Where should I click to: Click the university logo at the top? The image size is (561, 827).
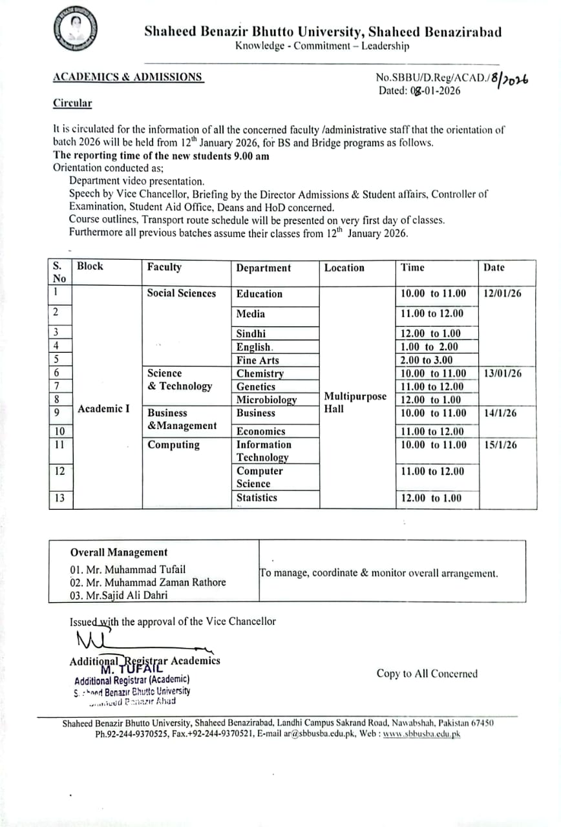[x=76, y=30]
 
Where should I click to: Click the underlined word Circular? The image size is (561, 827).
[x=72, y=103]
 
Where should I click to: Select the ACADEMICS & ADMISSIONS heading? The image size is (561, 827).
[x=127, y=77]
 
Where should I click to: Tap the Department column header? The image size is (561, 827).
[x=263, y=268]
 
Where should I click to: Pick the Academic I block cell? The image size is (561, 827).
[x=103, y=408]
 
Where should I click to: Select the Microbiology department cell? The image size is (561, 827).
[x=266, y=400]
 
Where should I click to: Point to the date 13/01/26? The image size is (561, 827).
[x=502, y=373]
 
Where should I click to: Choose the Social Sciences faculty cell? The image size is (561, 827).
[x=182, y=293]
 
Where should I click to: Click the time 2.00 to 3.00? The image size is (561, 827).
[x=427, y=360]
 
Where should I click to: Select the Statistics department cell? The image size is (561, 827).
[x=257, y=497]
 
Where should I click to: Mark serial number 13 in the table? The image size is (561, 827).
[x=60, y=498]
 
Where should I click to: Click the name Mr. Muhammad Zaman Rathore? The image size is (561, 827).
[x=148, y=582]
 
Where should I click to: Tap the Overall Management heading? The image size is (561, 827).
[x=119, y=552]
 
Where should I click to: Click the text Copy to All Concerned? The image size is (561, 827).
[x=427, y=674]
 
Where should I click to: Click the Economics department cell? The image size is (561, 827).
[x=260, y=432]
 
